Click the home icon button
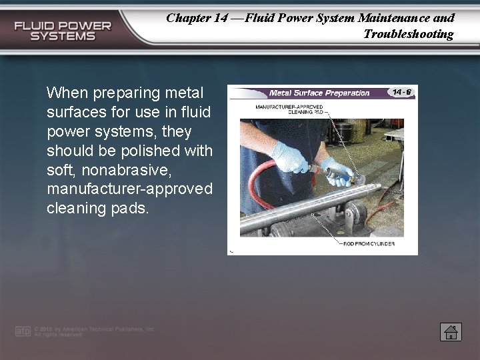(451, 332)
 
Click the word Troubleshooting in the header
(408, 34)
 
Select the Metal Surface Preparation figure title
(319, 93)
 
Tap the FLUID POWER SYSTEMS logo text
(63, 31)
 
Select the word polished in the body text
(157, 150)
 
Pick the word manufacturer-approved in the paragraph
(130, 189)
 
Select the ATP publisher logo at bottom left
(23, 331)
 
